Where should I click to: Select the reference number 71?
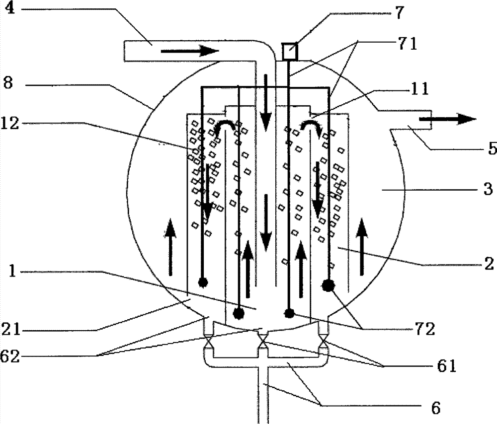click(407, 44)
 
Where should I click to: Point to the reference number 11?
click(419, 90)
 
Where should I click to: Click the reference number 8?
click(8, 83)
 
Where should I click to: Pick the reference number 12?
click(10, 124)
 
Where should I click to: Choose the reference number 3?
click(489, 189)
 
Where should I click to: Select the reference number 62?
click(10, 356)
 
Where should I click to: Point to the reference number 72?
click(424, 330)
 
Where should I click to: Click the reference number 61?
click(447, 366)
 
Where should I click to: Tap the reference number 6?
click(436, 408)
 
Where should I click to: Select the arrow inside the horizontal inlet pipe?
click(190, 51)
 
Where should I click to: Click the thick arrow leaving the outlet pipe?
click(447, 119)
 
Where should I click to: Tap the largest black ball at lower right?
click(329, 286)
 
